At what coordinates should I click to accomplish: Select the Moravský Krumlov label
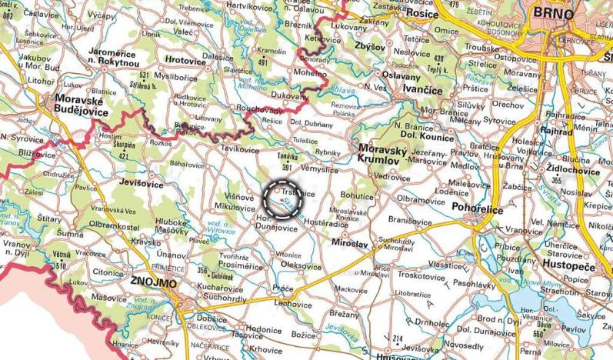(387, 153)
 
